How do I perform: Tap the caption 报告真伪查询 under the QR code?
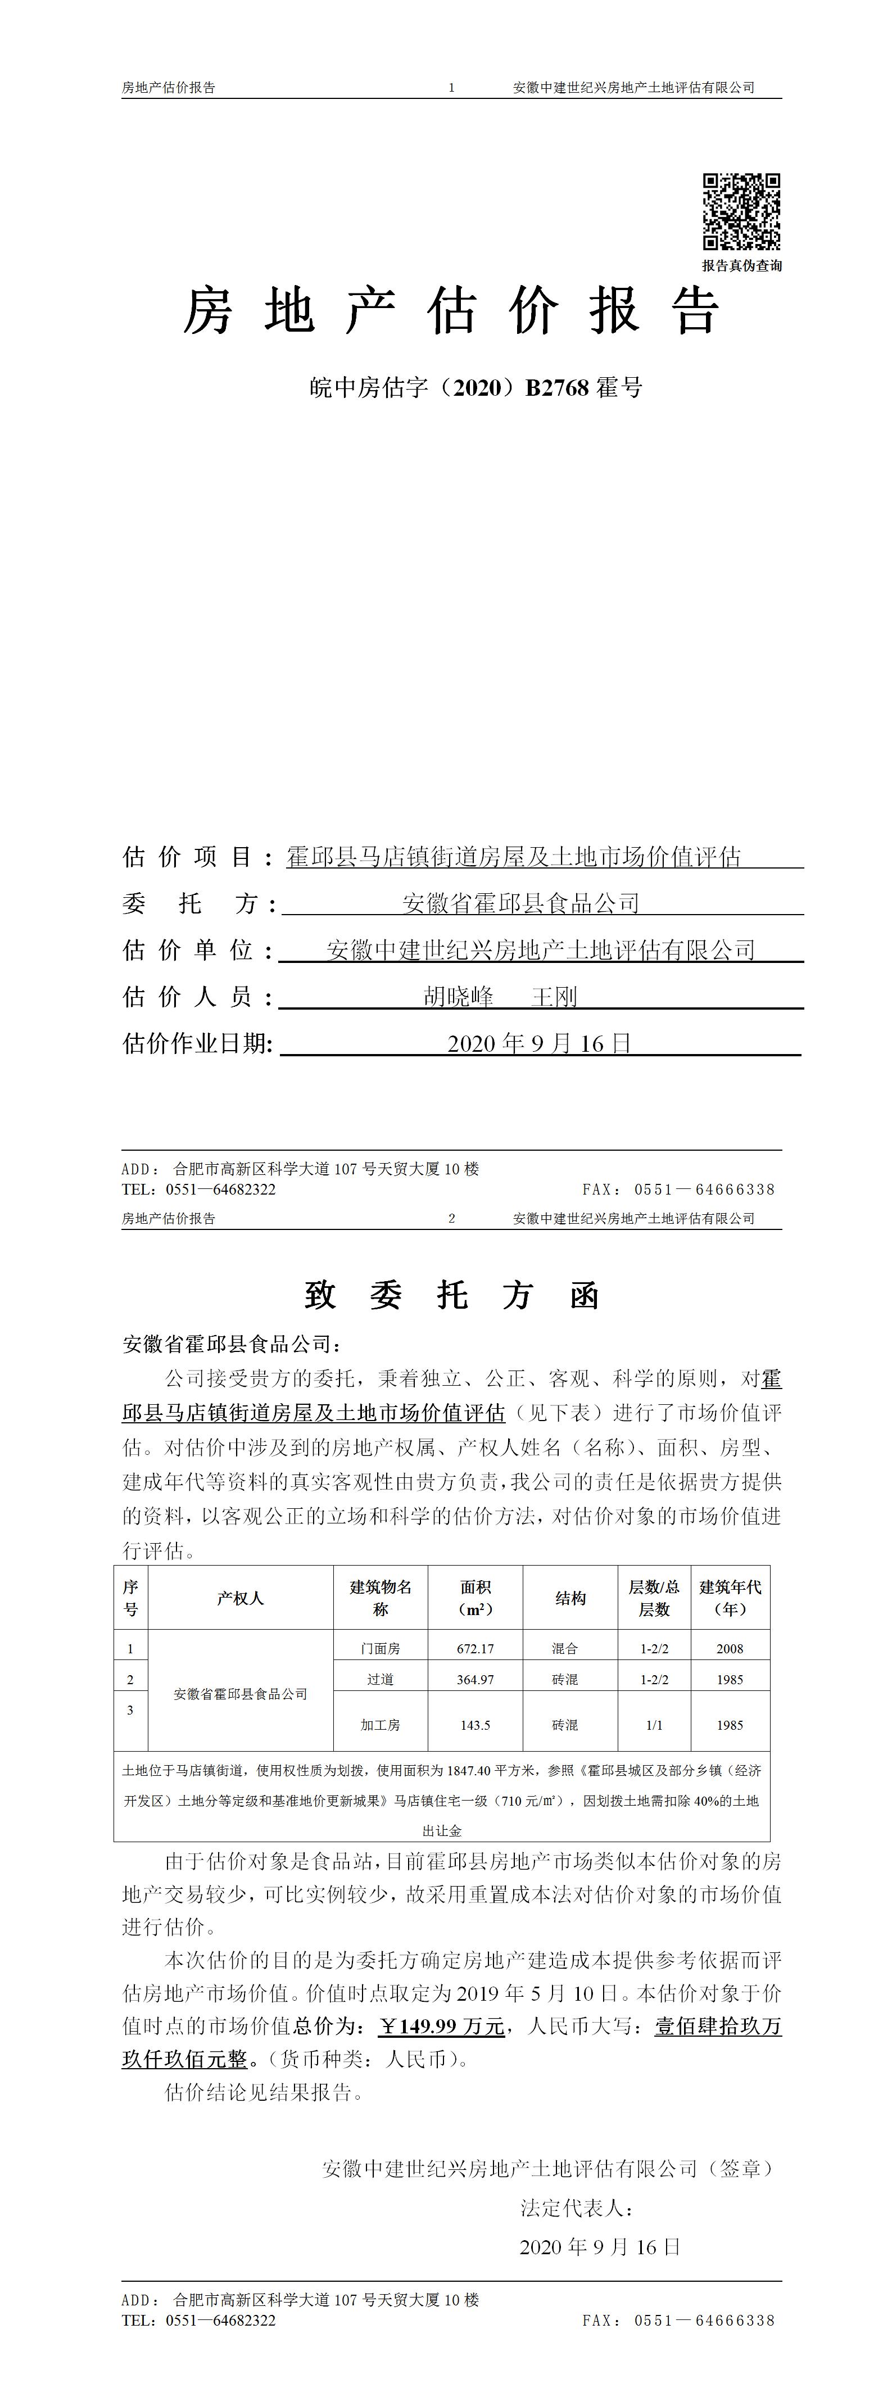coord(741,265)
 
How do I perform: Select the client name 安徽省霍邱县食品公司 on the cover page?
coord(520,903)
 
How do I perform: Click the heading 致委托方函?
coord(451,1295)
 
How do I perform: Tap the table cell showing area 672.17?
coord(474,1649)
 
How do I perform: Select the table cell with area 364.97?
coord(474,1679)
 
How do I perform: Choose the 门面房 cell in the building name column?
coord(380,1649)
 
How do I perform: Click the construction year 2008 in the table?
coord(730,1649)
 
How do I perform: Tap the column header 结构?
coord(570,1598)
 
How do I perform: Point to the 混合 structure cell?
coord(564,1649)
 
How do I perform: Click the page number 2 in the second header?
coord(451,1218)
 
